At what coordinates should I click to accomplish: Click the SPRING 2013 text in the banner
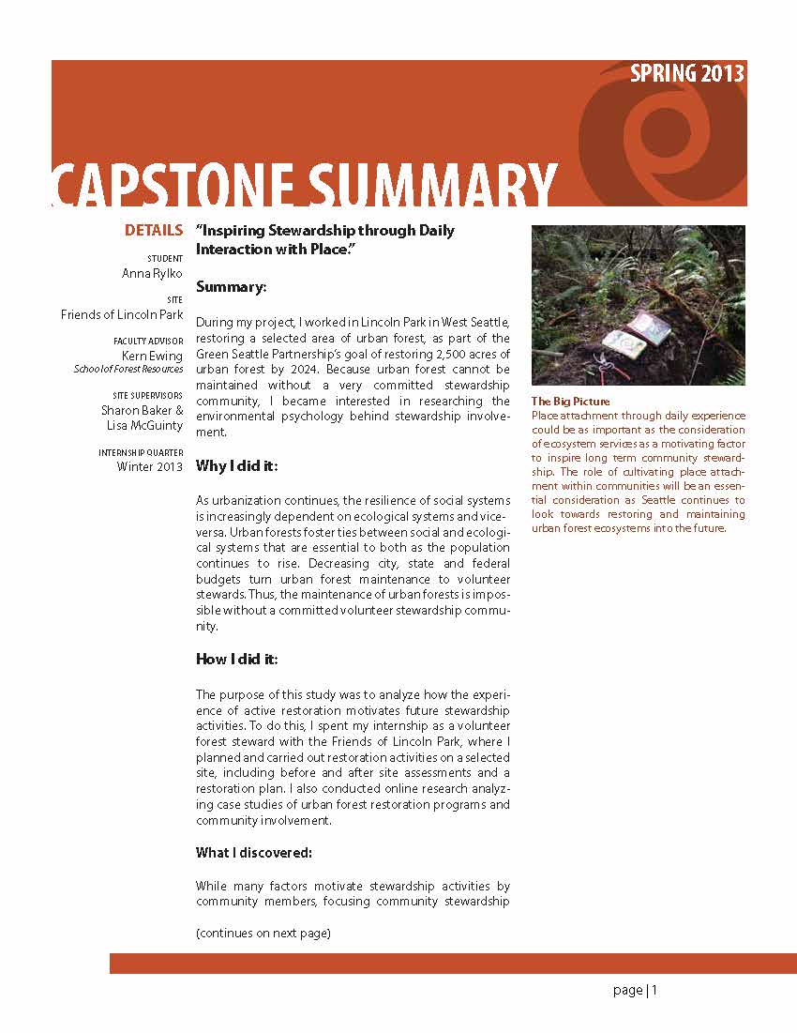click(x=686, y=74)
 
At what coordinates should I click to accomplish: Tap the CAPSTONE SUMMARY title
click(x=304, y=185)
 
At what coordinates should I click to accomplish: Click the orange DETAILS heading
click(x=154, y=230)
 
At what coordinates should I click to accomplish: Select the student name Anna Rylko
click(x=153, y=273)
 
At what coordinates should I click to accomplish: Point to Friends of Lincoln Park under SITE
click(x=122, y=314)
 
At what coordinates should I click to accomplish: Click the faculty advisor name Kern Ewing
click(x=152, y=357)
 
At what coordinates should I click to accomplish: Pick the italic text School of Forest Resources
click(x=128, y=370)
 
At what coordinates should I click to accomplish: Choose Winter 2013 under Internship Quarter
click(x=150, y=466)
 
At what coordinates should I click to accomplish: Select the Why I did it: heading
click(x=236, y=465)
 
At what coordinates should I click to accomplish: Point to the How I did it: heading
click(x=236, y=659)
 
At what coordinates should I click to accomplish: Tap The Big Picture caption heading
click(x=570, y=402)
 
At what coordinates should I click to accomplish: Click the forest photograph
click(x=638, y=305)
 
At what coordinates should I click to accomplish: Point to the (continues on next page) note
click(x=263, y=934)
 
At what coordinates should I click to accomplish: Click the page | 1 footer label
click(x=635, y=990)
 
